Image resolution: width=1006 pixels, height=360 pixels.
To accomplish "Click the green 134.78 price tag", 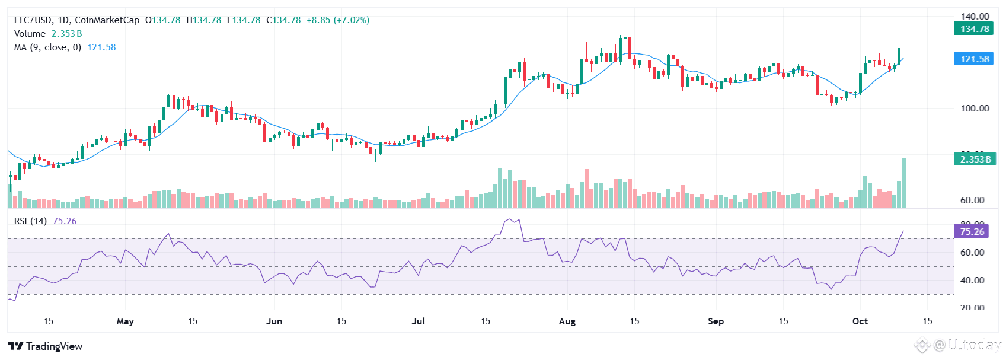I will click(974, 28).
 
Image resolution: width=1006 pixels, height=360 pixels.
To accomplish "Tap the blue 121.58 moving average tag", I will click(974, 59).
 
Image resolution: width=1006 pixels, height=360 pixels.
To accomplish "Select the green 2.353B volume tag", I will click(974, 159).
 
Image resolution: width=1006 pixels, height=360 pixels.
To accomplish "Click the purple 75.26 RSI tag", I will click(972, 231).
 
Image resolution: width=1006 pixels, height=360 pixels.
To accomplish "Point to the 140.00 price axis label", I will click(975, 16).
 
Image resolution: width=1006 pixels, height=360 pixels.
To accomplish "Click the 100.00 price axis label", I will click(975, 108).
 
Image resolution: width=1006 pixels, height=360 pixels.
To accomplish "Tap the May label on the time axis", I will click(125, 321).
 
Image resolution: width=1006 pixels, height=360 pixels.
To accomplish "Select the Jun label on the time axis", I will click(274, 321).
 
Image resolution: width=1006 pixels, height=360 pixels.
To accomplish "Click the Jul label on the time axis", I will click(419, 321).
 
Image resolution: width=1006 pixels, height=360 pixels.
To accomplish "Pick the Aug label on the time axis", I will click(567, 321).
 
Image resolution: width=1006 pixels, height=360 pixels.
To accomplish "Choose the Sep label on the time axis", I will click(716, 321).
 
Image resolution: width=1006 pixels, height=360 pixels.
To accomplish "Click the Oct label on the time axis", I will click(860, 321).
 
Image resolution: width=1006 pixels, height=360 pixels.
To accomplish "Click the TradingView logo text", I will click(46, 346).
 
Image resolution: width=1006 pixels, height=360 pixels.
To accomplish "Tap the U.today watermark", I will click(966, 345).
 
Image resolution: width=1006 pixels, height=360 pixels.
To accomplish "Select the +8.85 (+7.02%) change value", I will click(337, 20).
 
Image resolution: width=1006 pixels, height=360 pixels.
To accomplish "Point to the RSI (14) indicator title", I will click(30, 221).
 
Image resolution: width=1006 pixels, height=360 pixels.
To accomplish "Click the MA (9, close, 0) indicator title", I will click(47, 47).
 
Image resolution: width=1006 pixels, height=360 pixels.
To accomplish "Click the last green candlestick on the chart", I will click(899, 56).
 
